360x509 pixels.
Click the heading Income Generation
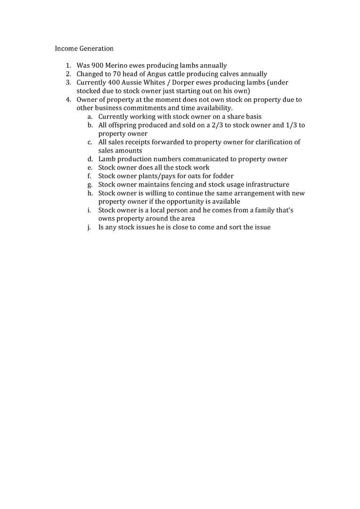point(84,49)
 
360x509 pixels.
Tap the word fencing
point(182,185)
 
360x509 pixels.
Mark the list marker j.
point(90,227)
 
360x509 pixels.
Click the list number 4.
point(68,99)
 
